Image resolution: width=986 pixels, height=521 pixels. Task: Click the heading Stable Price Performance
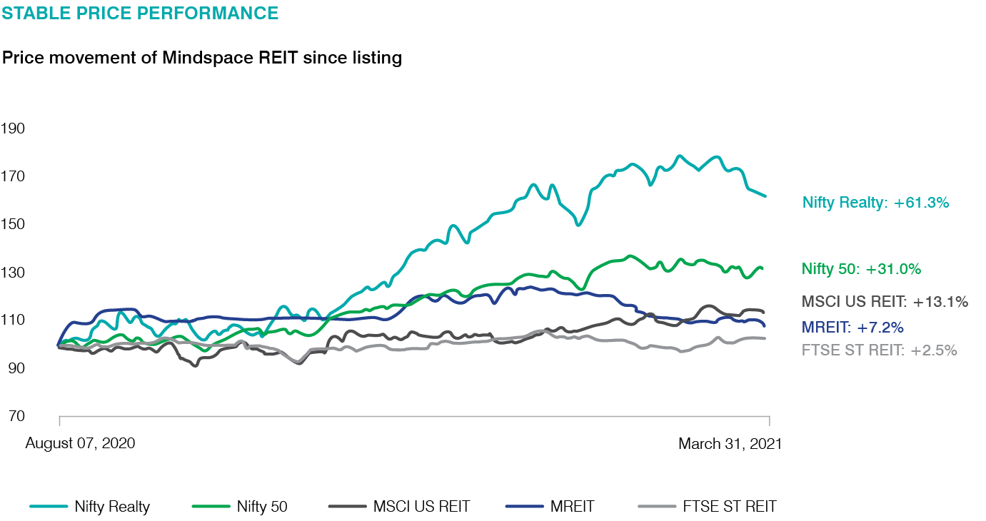(141, 13)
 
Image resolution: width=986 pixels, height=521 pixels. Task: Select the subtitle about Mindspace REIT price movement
(202, 58)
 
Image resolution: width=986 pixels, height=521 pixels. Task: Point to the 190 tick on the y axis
(14, 128)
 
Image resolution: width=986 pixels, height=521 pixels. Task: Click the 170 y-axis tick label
(14, 176)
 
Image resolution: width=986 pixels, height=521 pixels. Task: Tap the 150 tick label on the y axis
(14, 224)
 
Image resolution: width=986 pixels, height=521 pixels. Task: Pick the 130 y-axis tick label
(14, 273)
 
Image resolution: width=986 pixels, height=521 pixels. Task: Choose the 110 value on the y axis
(14, 320)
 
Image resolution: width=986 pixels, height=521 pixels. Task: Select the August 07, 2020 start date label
(80, 444)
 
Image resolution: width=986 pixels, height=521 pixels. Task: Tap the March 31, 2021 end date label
(730, 444)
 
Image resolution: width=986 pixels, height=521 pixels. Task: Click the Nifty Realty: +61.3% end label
(875, 203)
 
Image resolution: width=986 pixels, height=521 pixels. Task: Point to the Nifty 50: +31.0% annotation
(861, 269)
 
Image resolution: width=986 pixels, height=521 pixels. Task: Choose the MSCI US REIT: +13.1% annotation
(885, 302)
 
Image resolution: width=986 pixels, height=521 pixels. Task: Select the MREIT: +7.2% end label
(852, 328)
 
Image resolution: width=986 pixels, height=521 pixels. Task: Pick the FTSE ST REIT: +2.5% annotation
(879, 350)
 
